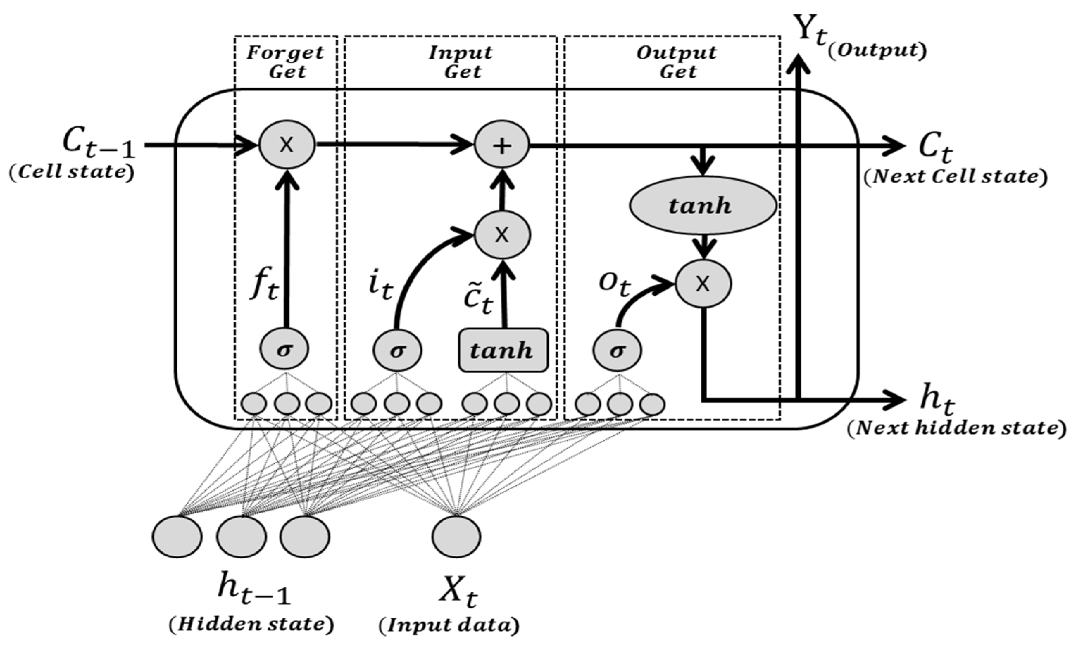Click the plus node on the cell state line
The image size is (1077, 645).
tap(501, 146)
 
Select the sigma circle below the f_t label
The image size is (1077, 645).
tap(284, 350)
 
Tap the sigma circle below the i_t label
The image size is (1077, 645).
tap(397, 350)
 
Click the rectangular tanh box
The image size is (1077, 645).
tap(503, 350)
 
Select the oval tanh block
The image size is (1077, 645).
tap(703, 205)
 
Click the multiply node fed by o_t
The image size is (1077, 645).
tap(703, 284)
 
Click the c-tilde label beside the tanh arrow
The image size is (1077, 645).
tap(478, 299)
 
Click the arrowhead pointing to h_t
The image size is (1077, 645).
tap(895, 399)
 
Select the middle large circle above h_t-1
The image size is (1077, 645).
tap(242, 536)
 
